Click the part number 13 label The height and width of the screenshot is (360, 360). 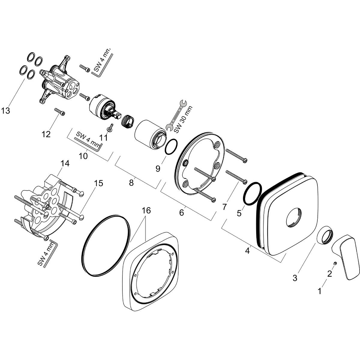[5, 111]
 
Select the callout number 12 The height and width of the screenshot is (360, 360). [46, 134]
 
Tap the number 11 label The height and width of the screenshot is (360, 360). [103, 138]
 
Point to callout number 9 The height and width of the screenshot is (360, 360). [158, 169]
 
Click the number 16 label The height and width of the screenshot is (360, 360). [146, 211]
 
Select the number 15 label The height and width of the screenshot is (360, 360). [98, 183]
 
